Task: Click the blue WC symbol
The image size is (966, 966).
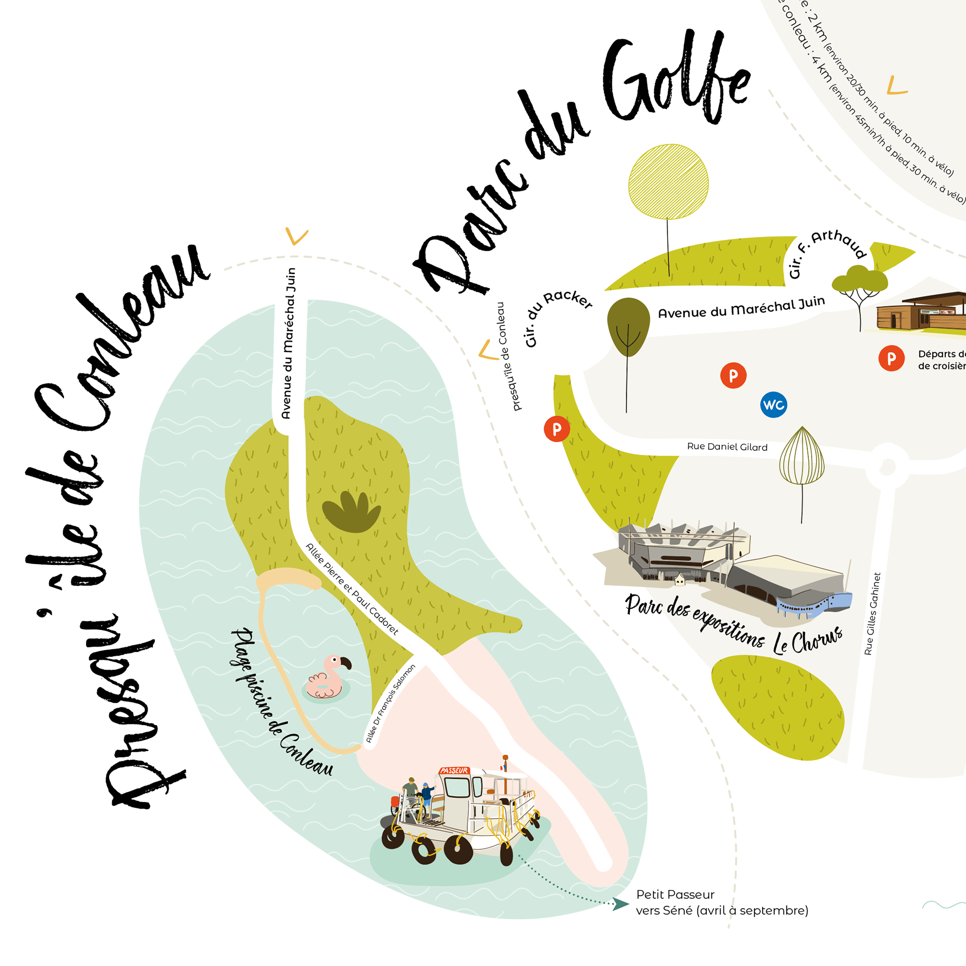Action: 773,405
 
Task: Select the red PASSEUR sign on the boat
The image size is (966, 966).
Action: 454,770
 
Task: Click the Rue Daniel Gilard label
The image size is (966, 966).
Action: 727,447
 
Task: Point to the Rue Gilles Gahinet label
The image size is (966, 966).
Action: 872,614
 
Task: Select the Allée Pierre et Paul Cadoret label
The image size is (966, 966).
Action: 352,589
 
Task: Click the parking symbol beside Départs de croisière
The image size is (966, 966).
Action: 891,358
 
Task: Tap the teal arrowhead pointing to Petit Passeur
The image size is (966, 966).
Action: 620,904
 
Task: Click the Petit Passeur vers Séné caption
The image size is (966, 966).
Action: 721,903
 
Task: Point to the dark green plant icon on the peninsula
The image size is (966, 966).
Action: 352,512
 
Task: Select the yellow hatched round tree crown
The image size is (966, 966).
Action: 668,182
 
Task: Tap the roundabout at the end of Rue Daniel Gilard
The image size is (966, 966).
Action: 888,466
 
